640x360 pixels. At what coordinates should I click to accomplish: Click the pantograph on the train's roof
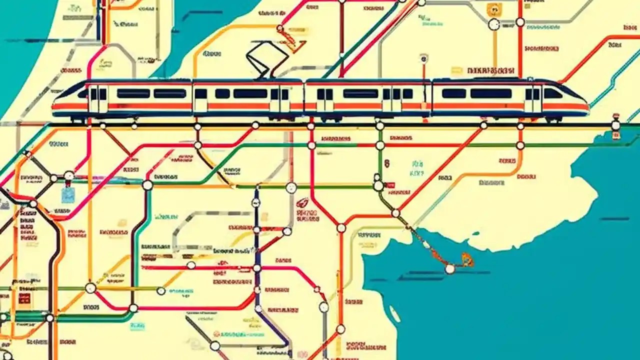pyautogui.click(x=264, y=60)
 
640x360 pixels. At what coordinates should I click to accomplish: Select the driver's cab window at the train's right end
pyautogui.click(x=553, y=93)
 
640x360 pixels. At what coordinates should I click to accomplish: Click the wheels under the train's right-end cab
pyautogui.click(x=553, y=119)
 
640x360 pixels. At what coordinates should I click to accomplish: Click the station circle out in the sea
pyautogui.click(x=450, y=269)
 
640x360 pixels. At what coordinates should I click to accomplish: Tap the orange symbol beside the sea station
pyautogui.click(x=467, y=259)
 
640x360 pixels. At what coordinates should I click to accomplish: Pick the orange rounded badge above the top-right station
pyautogui.click(x=493, y=9)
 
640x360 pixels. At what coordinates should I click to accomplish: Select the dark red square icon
pyautogui.click(x=24, y=299)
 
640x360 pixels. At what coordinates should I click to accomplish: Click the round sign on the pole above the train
pyautogui.click(x=424, y=58)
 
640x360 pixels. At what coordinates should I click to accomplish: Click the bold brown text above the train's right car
pyautogui.click(x=491, y=70)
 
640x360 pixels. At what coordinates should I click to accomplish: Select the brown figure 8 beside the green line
pyautogui.click(x=386, y=163)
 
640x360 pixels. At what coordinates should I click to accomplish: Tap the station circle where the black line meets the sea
pyautogui.click(x=615, y=125)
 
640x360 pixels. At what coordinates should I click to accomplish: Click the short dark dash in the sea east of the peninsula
pyautogui.click(x=614, y=218)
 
